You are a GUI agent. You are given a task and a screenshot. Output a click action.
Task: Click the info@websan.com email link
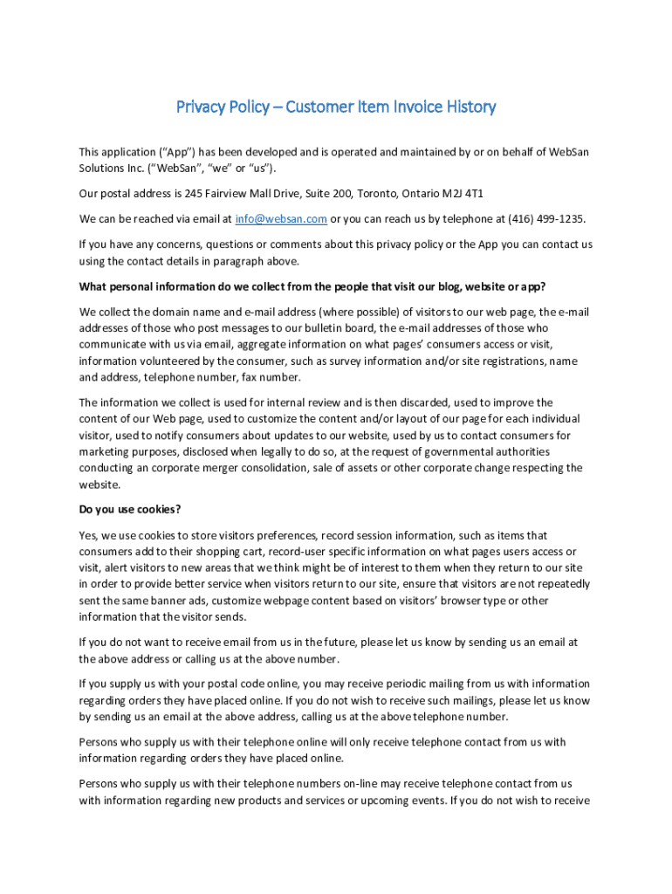pyautogui.click(x=281, y=219)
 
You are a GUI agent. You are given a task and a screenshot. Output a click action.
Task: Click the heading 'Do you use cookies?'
pyautogui.click(x=130, y=509)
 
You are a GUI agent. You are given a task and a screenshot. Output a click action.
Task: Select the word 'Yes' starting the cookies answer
pyautogui.click(x=88, y=535)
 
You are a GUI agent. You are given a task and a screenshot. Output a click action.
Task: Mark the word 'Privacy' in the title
pyautogui.click(x=202, y=107)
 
